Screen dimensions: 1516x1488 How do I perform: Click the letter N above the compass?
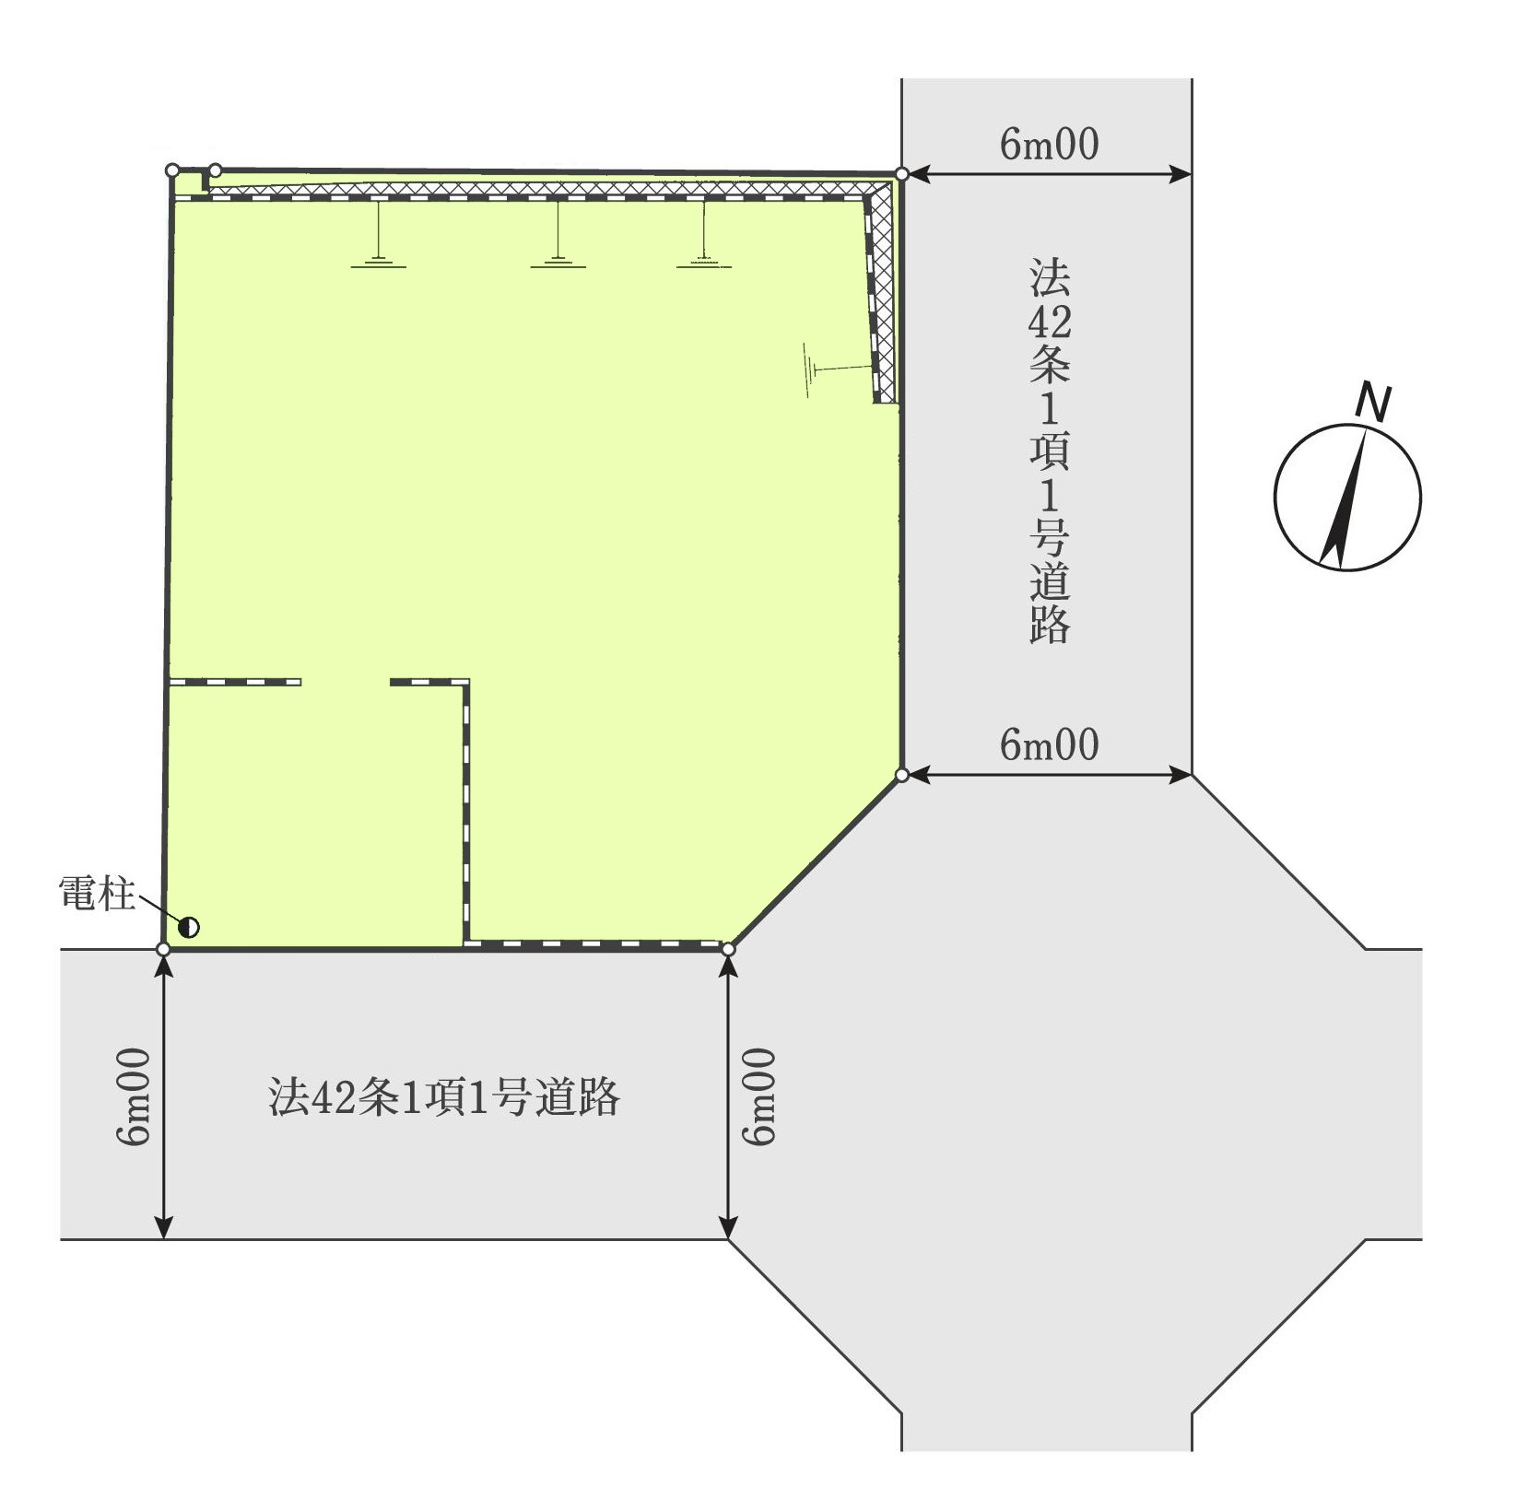1374,403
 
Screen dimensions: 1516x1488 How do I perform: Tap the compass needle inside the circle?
1344,498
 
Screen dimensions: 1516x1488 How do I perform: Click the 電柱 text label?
97,894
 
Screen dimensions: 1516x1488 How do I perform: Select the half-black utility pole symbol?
189,927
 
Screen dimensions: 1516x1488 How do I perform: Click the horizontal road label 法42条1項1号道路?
444,1096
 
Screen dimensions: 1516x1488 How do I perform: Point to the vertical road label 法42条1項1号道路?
1050,451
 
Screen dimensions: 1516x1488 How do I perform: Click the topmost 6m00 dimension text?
1050,145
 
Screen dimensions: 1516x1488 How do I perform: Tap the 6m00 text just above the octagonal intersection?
1050,745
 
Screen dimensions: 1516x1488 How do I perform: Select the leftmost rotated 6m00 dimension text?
134,1096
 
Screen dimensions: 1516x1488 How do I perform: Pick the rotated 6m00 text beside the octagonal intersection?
760,1096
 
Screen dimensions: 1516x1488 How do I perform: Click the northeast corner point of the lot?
901,174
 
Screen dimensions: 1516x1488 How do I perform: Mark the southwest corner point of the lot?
164,949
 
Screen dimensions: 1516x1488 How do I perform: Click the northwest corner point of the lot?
172,170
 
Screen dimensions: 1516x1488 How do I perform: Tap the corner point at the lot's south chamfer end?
728,949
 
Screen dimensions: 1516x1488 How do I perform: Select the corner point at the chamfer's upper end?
902,775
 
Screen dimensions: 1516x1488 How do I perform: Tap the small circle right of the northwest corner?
216,170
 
